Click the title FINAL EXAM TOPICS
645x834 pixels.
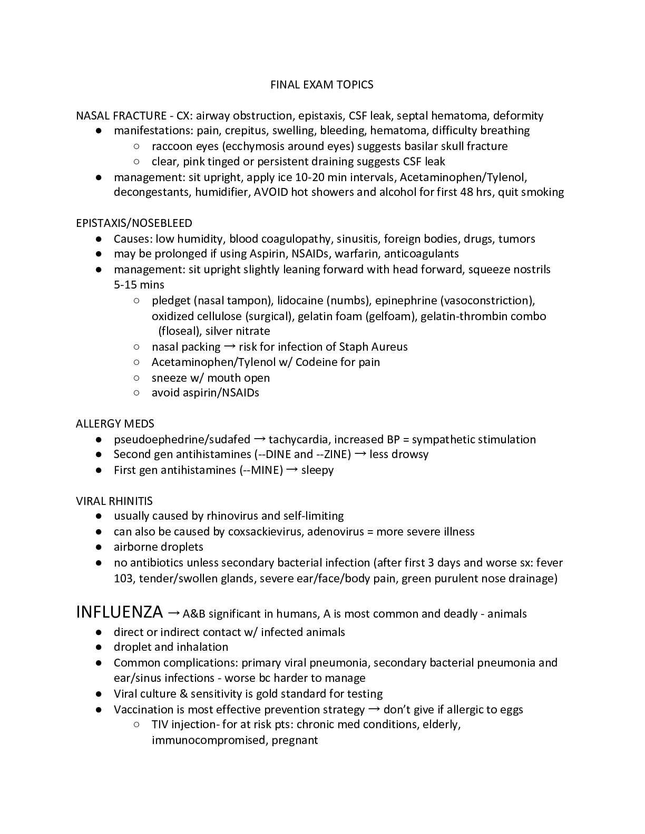(322, 85)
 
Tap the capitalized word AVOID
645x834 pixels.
(271, 192)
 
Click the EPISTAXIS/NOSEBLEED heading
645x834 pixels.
(134, 223)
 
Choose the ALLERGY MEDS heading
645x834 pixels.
(115, 424)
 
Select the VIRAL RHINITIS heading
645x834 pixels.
(114, 501)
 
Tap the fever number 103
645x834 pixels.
(123, 579)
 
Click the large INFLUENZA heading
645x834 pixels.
(120, 612)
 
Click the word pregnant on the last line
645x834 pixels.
(295, 740)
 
